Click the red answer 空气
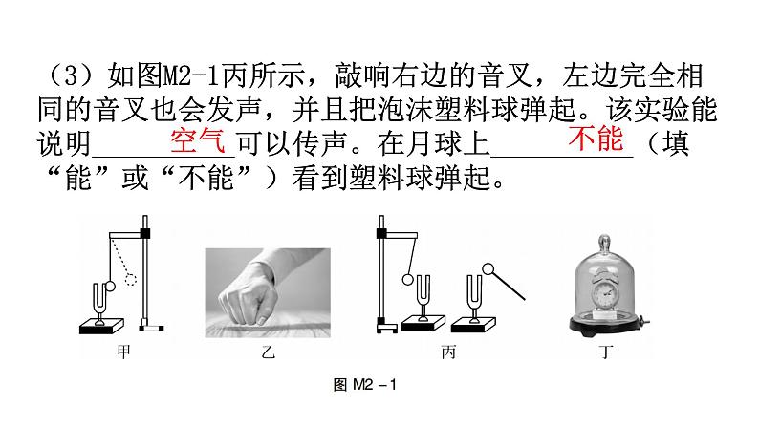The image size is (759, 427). coord(198,140)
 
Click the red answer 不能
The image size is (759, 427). coord(596,139)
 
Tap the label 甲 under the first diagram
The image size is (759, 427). coord(124,352)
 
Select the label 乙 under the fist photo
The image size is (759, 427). coord(268,352)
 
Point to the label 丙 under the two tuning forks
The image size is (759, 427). coord(448,352)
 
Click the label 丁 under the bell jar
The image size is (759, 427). coord(605,352)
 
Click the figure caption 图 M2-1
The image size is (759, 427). coord(365,385)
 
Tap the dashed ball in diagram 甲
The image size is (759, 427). coord(131,280)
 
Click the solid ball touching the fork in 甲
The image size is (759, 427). coord(110,287)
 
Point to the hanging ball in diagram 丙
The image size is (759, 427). coord(408,280)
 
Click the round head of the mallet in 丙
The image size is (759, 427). coord(488,268)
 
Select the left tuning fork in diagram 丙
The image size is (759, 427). coord(423,296)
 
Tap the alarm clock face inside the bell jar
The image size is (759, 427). coord(603,293)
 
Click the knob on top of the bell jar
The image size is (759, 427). coord(604,242)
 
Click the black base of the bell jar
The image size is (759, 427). coord(606,325)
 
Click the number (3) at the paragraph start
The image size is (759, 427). coord(71,76)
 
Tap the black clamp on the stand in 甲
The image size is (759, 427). coord(144,234)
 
